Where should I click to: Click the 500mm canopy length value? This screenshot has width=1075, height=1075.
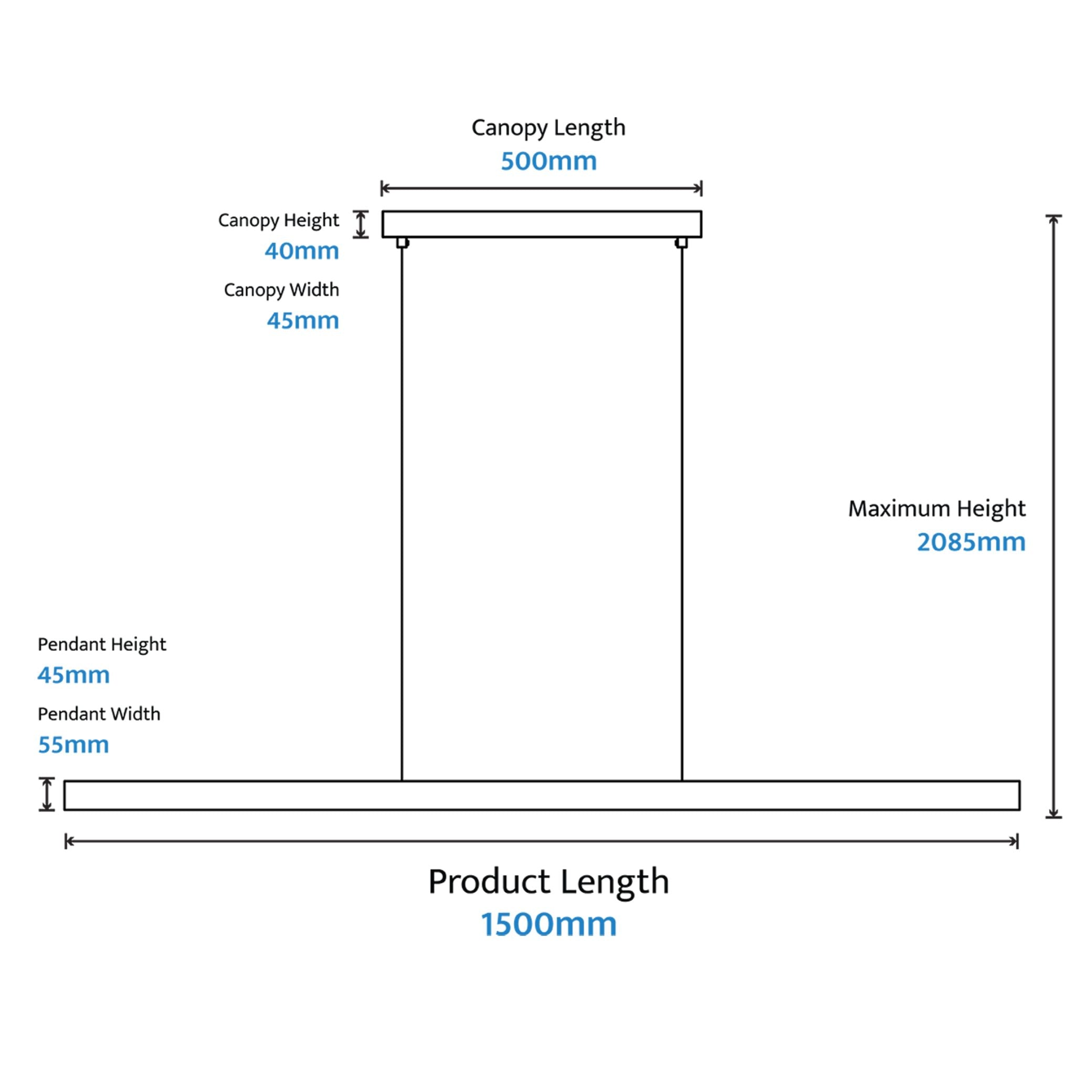549,161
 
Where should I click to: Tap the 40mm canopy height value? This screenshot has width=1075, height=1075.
302,251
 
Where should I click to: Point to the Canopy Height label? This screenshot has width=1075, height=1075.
278,221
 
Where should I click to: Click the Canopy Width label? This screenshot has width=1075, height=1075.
281,290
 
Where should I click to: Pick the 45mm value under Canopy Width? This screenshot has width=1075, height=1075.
303,321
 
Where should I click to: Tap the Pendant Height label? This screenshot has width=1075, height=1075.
102,645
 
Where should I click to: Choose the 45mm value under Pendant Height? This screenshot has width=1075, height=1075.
73,676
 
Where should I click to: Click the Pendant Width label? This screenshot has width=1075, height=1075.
99,714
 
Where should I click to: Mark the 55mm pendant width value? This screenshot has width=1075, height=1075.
73,745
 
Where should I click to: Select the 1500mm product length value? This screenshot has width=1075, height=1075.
549,924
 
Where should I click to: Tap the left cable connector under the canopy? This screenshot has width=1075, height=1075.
403,243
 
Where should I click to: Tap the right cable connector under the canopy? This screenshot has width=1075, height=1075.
681,243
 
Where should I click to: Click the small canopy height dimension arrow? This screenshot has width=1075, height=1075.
361,224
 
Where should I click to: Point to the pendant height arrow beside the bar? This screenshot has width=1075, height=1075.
47,794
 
